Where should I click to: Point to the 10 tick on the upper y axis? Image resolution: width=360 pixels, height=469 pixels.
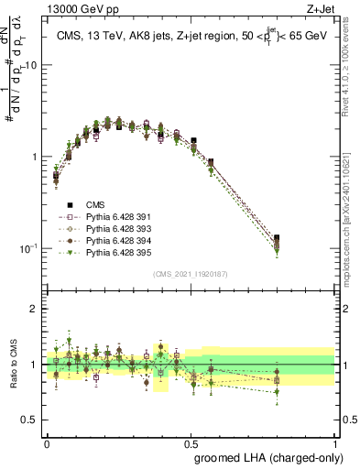tap(31, 65)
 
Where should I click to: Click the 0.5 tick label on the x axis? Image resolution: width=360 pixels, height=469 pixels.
tap(192, 443)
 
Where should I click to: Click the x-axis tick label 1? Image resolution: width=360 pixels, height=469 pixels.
tap(338, 443)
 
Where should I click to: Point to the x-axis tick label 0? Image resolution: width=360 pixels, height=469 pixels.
tap(47, 443)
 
